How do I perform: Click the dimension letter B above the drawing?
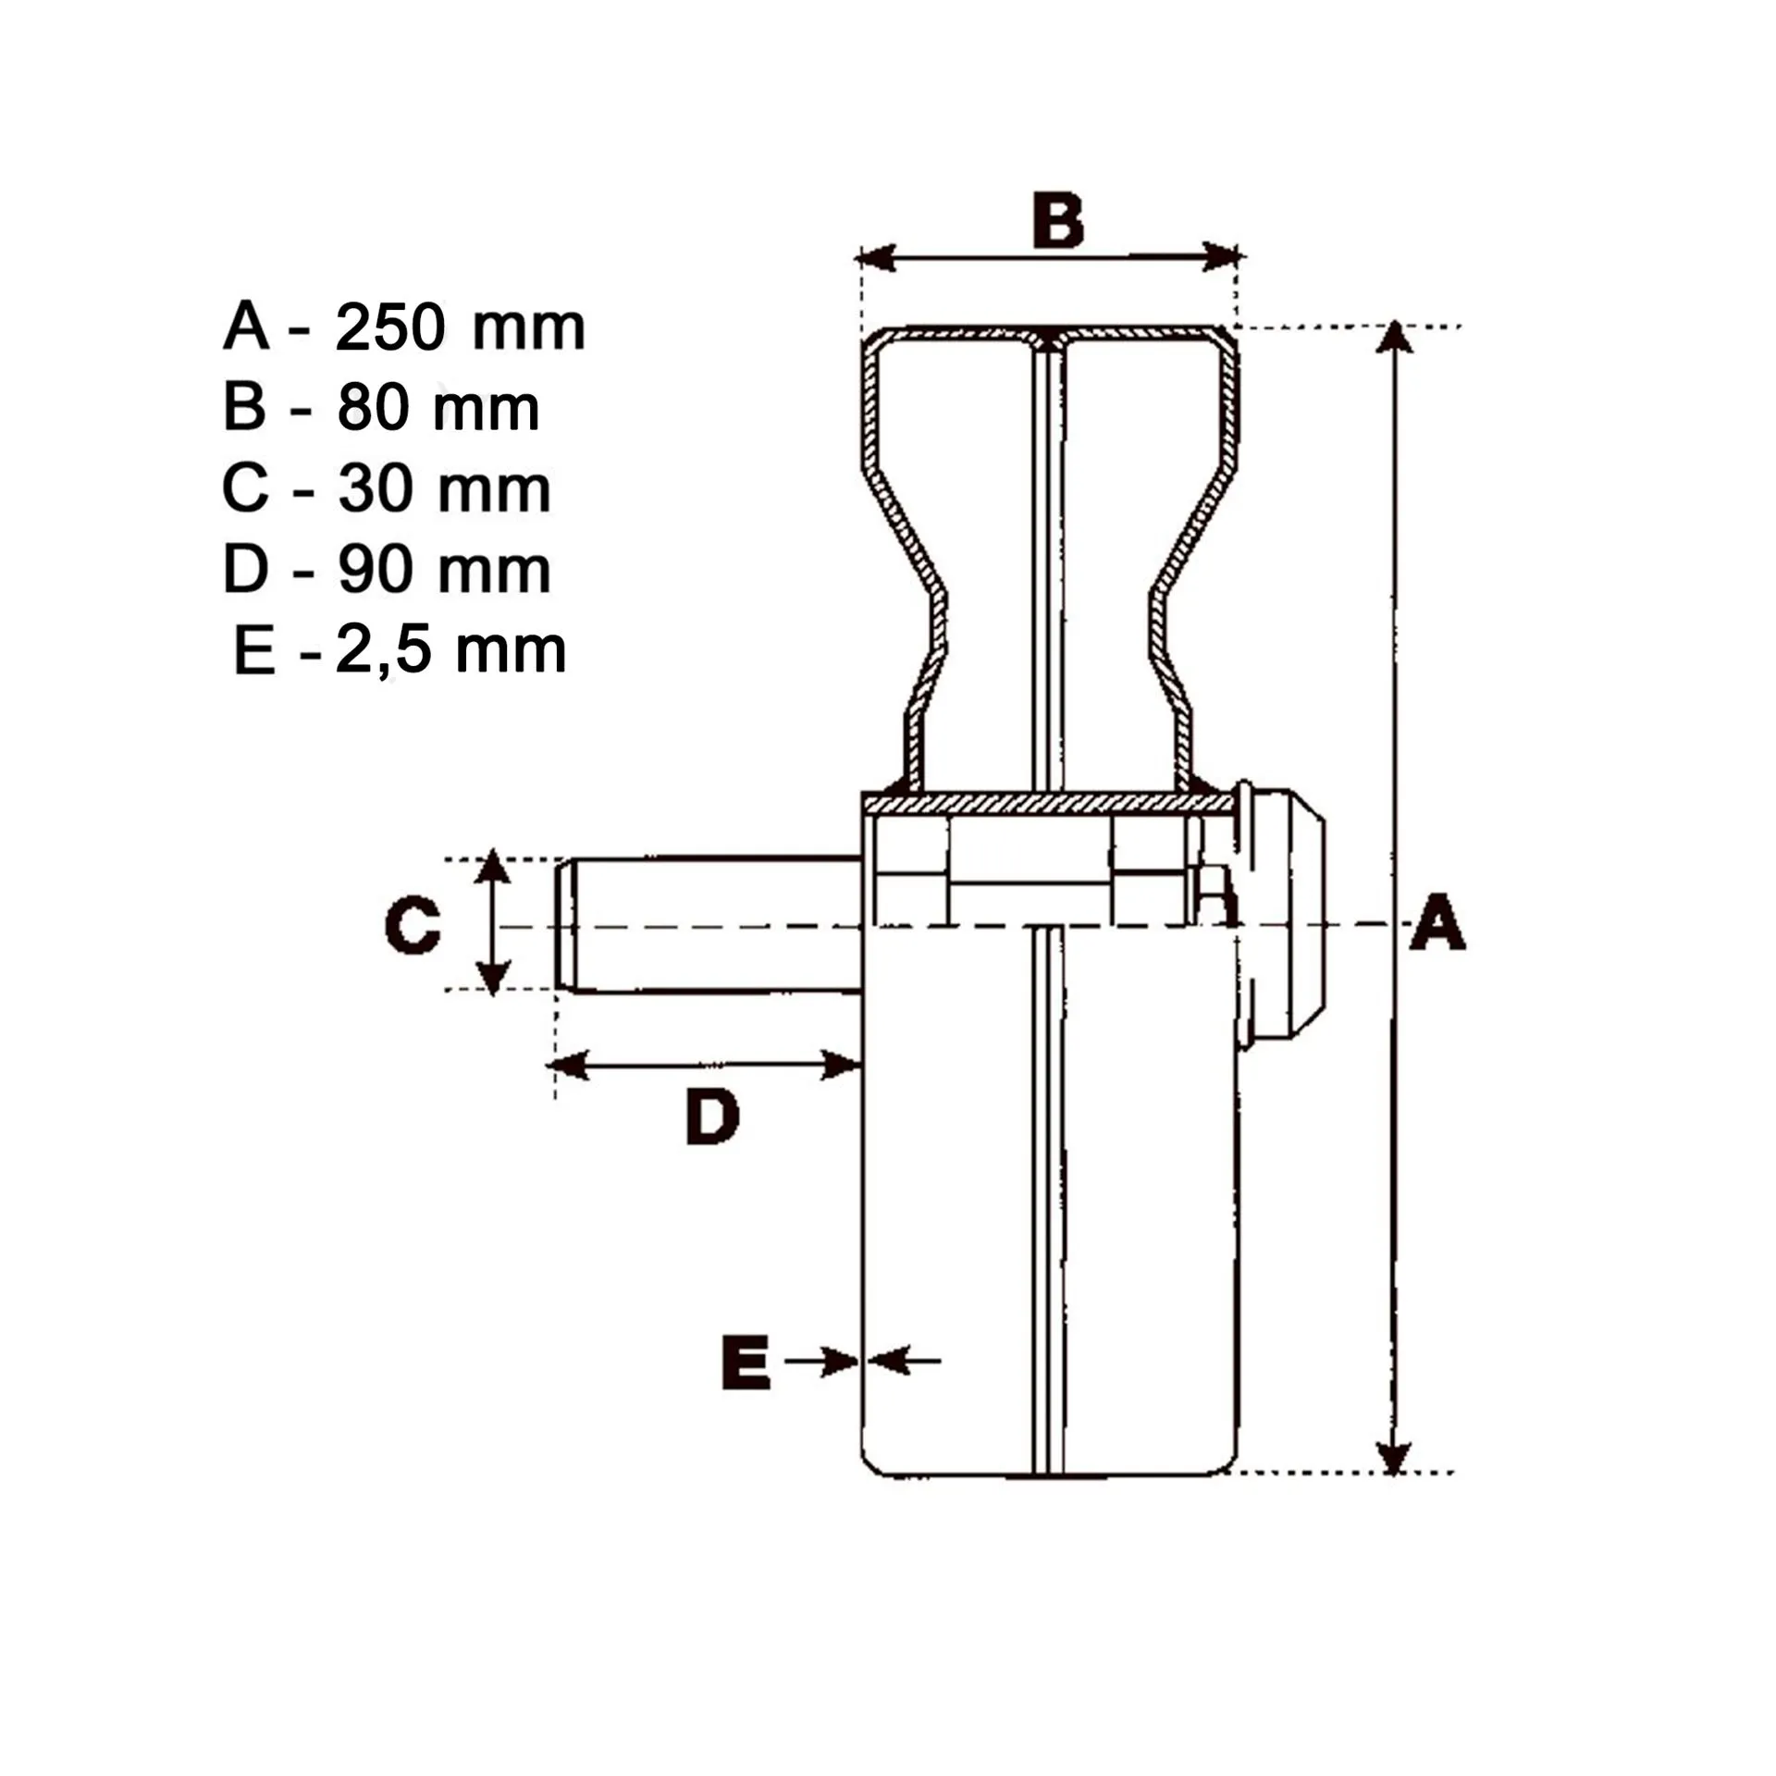pyautogui.click(x=1058, y=222)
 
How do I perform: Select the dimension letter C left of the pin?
pyautogui.click(x=413, y=924)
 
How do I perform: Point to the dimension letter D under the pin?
pyautogui.click(x=712, y=1116)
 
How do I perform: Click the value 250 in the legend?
pyautogui.click(x=389, y=327)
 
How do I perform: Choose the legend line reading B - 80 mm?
pyautogui.click(x=381, y=408)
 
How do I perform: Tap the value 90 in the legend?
pyautogui.click(x=374, y=570)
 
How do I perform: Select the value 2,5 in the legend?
pyautogui.click(x=383, y=651)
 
